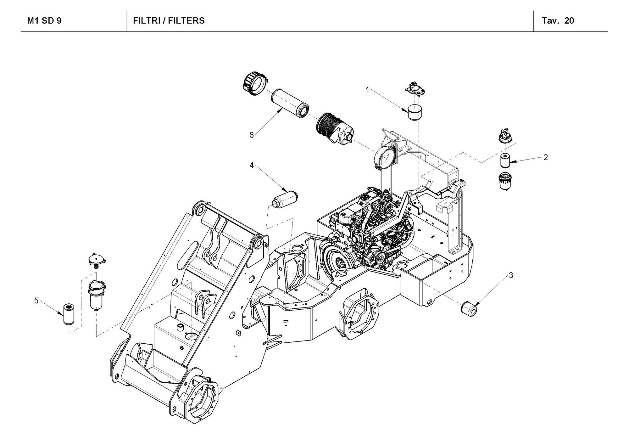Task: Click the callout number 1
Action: (x=367, y=90)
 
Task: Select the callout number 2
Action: (x=546, y=157)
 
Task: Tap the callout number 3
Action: (x=511, y=275)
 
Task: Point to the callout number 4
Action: (x=252, y=165)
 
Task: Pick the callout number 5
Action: (x=36, y=301)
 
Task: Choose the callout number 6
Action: (x=251, y=135)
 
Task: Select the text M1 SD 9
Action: (x=44, y=21)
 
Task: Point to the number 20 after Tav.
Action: (x=569, y=21)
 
